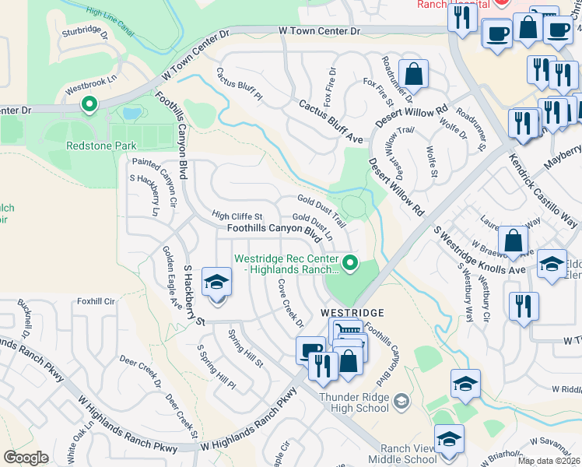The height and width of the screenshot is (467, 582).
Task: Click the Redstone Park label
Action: tap(101, 146)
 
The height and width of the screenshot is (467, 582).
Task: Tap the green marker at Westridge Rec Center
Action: tap(350, 263)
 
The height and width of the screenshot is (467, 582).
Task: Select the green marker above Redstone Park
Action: tap(89, 103)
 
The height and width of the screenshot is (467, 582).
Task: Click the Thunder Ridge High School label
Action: tap(354, 402)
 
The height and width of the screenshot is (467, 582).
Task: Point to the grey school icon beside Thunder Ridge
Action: tap(401, 402)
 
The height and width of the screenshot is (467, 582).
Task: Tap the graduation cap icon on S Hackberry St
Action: tap(217, 283)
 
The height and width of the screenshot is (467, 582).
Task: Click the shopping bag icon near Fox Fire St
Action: tap(415, 75)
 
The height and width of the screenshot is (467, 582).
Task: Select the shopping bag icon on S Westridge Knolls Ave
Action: tap(513, 241)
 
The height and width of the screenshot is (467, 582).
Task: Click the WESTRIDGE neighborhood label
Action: tap(352, 312)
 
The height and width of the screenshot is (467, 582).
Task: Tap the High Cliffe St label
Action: tap(238, 216)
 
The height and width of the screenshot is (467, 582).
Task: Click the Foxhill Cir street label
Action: tap(96, 300)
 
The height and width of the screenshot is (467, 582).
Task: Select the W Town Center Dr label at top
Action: tap(320, 31)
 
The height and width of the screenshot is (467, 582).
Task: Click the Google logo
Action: tap(26, 458)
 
